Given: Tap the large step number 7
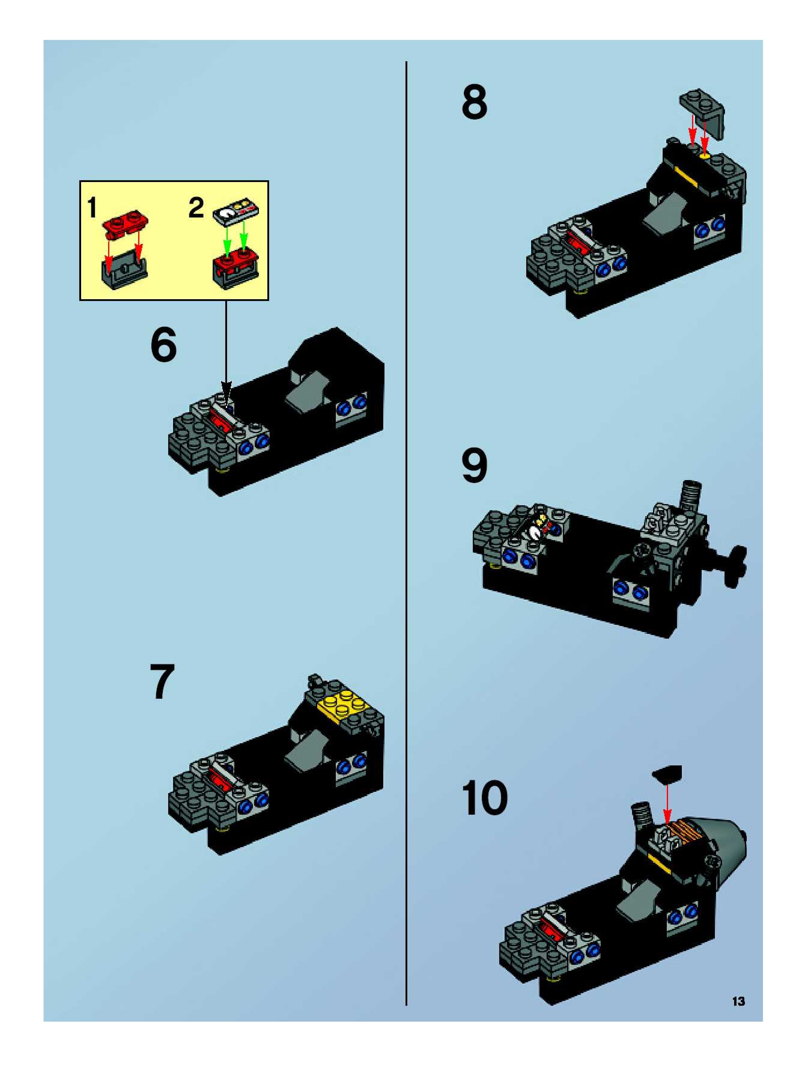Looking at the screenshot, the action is pos(162,681).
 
